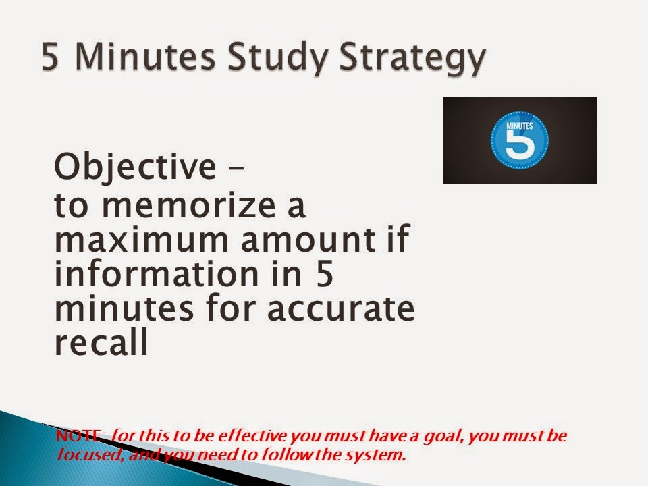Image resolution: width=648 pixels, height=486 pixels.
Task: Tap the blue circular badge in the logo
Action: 520,140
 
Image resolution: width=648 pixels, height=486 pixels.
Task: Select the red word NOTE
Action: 80,436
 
